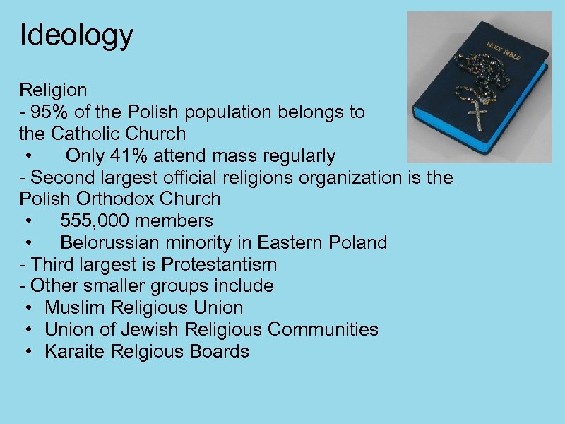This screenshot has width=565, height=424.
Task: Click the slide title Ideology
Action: (76, 35)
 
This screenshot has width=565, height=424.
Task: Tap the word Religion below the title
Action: (54, 90)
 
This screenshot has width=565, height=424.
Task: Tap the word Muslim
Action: (74, 308)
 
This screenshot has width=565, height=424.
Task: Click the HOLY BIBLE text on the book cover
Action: (503, 52)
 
